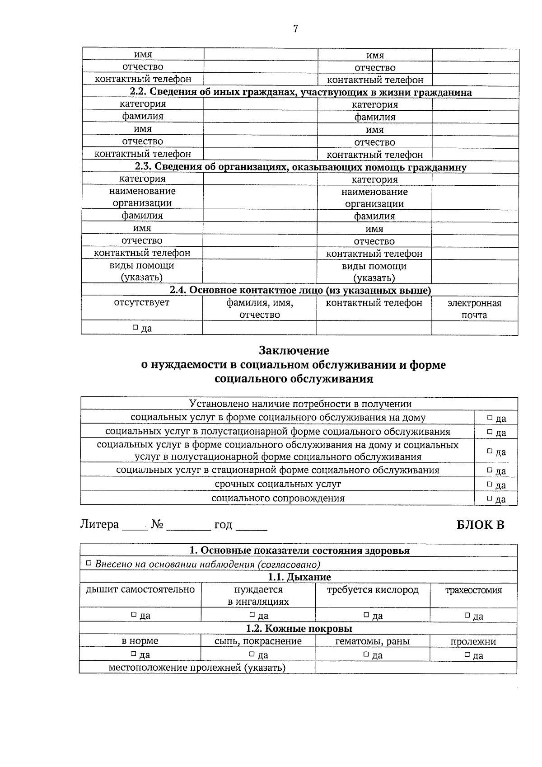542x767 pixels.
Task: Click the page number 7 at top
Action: click(x=295, y=29)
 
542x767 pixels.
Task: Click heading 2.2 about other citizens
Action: click(x=300, y=92)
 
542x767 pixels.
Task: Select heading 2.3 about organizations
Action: click(x=300, y=167)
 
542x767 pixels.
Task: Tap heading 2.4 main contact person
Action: click(x=300, y=290)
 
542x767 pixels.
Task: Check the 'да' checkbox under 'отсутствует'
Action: click(x=135, y=327)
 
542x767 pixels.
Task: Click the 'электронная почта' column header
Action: click(x=474, y=309)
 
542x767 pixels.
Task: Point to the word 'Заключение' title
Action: click(x=294, y=351)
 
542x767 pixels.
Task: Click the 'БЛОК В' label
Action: click(x=480, y=525)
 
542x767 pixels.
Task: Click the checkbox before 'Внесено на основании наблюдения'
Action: click(x=89, y=564)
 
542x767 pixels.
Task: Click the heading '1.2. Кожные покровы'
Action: click(x=299, y=628)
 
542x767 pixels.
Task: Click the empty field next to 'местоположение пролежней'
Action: click(x=416, y=668)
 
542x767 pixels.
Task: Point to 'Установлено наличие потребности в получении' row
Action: click(x=300, y=404)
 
